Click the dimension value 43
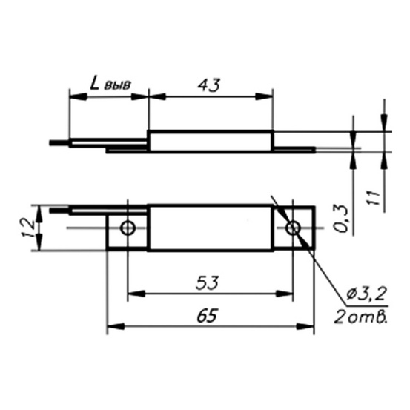210,85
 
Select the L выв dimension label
109,84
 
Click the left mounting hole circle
128,227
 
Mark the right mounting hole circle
294,227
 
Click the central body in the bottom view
211,227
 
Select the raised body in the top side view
211,141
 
